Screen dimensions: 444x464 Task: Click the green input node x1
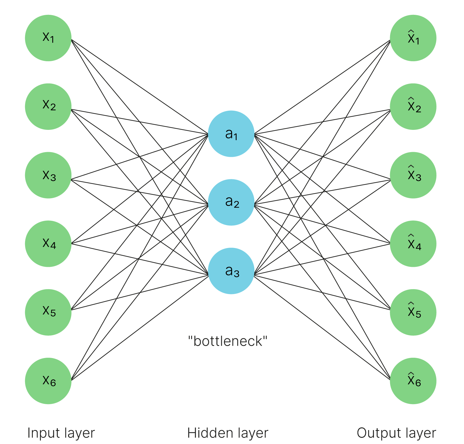(x=48, y=38)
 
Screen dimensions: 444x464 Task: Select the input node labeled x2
(x=48, y=107)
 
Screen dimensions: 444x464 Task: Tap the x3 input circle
(x=48, y=175)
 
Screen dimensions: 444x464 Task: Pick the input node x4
(x=48, y=244)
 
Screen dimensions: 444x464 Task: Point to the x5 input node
(x=48, y=312)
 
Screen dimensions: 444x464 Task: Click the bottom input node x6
(x=48, y=381)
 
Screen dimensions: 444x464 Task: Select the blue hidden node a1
(x=231, y=134)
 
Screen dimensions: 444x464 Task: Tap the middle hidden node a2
(x=231, y=203)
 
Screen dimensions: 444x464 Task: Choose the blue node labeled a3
(x=231, y=271)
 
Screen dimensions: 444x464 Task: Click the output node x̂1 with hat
(x=413, y=38)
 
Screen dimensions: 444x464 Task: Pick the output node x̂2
(x=413, y=107)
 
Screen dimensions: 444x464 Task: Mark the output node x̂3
(x=413, y=175)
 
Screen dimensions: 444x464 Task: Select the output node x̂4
(x=413, y=244)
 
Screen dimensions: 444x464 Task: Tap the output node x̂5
(x=413, y=312)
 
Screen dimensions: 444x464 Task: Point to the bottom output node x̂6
(x=413, y=381)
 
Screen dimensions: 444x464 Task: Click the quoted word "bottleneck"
(x=228, y=341)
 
